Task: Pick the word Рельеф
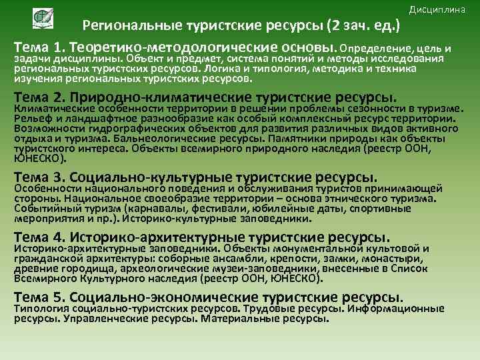tap(31, 119)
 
